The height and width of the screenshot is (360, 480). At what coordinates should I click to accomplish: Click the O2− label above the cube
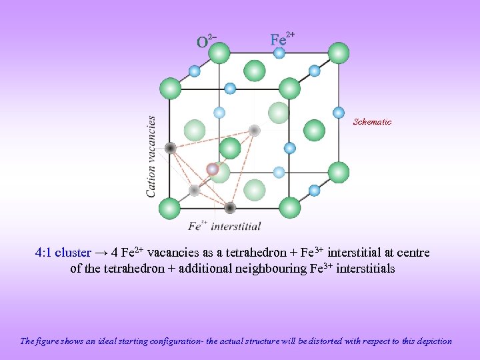tap(206, 41)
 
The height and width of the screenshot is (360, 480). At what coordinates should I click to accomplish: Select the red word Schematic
tap(372, 122)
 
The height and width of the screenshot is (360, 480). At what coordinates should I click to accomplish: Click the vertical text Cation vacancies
tap(151, 157)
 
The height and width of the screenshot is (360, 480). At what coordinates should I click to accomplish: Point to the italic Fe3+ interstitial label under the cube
tap(224, 227)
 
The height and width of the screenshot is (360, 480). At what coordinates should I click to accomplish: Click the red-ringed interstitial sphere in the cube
tap(213, 169)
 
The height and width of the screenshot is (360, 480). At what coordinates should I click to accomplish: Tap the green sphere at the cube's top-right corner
tap(339, 52)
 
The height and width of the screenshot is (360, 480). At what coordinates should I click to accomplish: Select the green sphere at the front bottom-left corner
tap(170, 208)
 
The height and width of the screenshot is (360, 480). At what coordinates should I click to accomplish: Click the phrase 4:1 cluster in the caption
tap(63, 253)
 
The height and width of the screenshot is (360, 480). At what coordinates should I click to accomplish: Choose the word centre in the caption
tap(413, 253)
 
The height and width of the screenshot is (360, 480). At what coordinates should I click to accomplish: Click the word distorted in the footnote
tap(321, 341)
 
